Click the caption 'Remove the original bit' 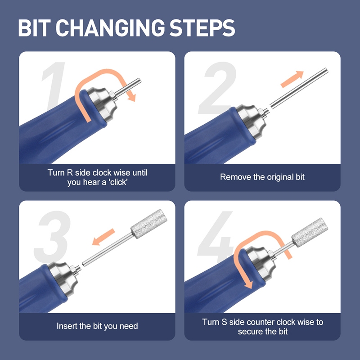pos(262,177)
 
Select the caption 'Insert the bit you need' pos(97,326)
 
